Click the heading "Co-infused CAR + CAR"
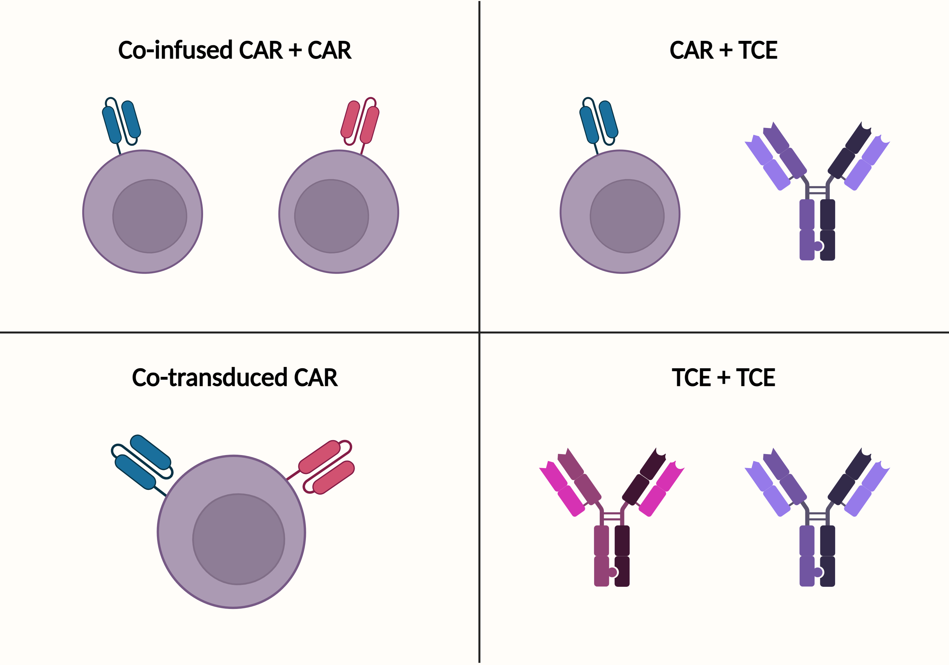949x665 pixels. [235, 50]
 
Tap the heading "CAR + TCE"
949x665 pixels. [723, 50]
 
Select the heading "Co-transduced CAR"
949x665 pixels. [235, 377]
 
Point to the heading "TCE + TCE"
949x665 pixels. [723, 377]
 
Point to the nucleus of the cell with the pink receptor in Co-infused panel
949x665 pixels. [332, 216]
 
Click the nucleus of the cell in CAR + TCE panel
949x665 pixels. [627, 216]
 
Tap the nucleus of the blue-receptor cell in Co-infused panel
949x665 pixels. [150, 216]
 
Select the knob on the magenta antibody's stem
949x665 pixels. [612, 572]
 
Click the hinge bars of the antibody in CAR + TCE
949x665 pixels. [817, 190]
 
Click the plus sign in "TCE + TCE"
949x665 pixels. [723, 378]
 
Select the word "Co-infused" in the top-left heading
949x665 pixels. [175, 50]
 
